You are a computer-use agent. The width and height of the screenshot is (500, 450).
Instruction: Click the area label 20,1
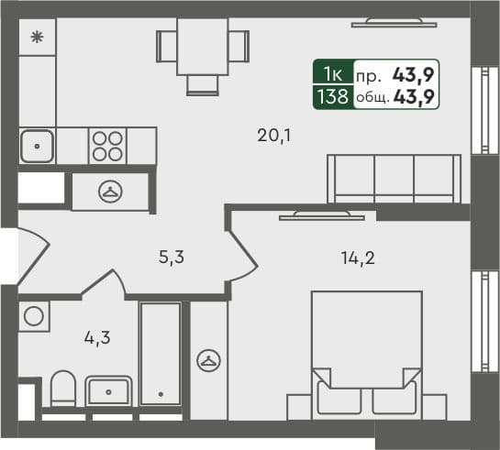[x=273, y=137]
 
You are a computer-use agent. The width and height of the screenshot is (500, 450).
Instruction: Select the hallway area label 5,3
[x=172, y=258]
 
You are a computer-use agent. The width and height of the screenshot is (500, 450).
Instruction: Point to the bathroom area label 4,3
[x=96, y=336]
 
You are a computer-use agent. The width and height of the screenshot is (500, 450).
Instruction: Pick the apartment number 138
[x=330, y=94]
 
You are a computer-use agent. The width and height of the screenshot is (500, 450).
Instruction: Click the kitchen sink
[x=37, y=145]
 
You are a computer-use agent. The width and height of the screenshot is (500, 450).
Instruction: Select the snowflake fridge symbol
[x=37, y=38]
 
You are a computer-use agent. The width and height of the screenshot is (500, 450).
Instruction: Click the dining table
[x=202, y=46]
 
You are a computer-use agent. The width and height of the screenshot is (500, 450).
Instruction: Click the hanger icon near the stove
[x=110, y=192]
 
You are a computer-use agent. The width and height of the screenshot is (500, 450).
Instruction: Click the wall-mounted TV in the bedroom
[x=319, y=215]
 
